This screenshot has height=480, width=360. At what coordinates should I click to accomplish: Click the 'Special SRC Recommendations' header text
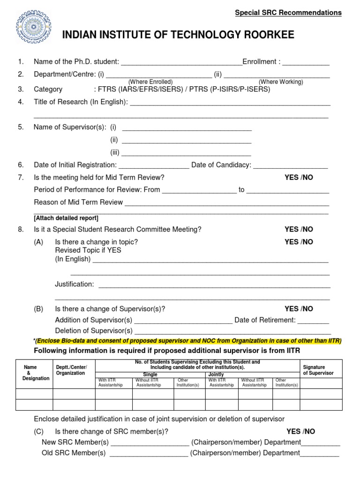pyautogui.click(x=288, y=13)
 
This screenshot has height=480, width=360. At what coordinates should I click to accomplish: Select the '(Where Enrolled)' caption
pyautogui.click(x=150, y=82)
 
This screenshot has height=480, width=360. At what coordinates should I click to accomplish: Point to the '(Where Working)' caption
pyautogui.click(x=281, y=82)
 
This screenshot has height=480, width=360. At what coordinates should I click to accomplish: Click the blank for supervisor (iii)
pyautogui.click(x=186, y=154)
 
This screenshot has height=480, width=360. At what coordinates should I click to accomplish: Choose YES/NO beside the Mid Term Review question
pyautogui.click(x=299, y=177)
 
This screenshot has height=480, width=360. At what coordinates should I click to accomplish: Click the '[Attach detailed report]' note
pyautogui.click(x=66, y=218)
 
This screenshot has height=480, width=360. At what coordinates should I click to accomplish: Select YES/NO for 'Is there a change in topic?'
pyautogui.click(x=299, y=242)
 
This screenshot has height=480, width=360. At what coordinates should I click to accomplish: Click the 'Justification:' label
pyautogui.click(x=75, y=284)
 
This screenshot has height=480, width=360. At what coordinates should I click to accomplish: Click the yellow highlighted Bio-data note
pyautogui.click(x=188, y=340)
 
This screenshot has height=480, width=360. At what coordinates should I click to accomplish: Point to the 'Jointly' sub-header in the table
pyautogui.click(x=216, y=375)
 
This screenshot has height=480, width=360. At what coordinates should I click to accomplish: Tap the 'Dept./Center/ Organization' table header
pyautogui.click(x=71, y=370)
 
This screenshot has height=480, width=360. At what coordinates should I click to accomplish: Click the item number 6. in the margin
pyautogui.click(x=21, y=165)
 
